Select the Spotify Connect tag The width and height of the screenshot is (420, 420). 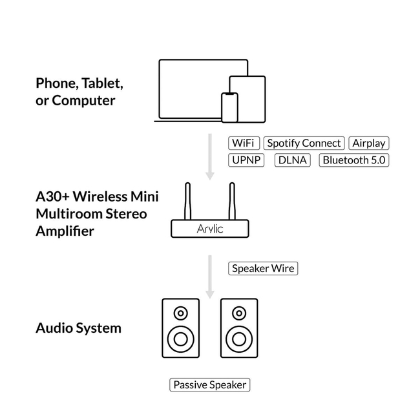pos(304,143)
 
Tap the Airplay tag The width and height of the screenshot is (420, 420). pos(369,143)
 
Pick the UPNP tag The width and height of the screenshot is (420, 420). pos(247,160)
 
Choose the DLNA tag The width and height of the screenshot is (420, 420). pos(293,160)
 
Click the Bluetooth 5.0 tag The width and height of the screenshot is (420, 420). pos(354,160)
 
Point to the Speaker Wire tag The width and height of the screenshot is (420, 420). pos(264,268)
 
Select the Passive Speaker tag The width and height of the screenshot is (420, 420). pos(209,384)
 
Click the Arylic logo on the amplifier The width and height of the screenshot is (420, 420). pos(210,229)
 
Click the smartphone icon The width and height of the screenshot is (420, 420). pos(229,107)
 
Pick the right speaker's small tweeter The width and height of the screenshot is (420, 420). pos(238,314)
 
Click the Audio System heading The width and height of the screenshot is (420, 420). pos(78,328)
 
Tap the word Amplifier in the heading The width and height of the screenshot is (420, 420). pos(65,231)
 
